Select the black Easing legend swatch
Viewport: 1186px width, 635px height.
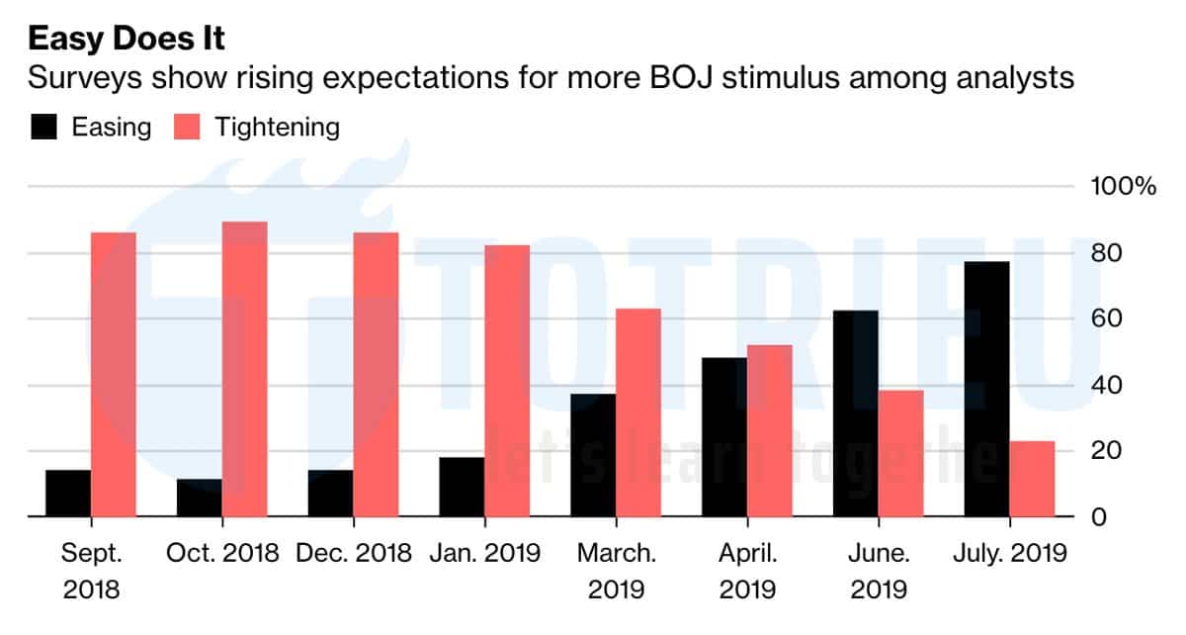45,127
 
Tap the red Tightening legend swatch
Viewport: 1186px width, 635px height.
186,127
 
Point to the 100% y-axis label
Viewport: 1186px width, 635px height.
1122,187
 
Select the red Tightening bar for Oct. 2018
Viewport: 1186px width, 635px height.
244,369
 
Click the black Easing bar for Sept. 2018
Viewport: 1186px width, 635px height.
68,493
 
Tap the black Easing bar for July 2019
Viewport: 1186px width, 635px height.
987,389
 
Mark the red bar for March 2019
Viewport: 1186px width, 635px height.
637,412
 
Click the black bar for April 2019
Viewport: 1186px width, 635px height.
724,436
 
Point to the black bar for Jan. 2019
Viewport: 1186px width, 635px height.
462,487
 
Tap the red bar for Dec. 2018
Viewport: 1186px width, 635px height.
376,374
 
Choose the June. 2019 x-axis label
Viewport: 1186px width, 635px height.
879,571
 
